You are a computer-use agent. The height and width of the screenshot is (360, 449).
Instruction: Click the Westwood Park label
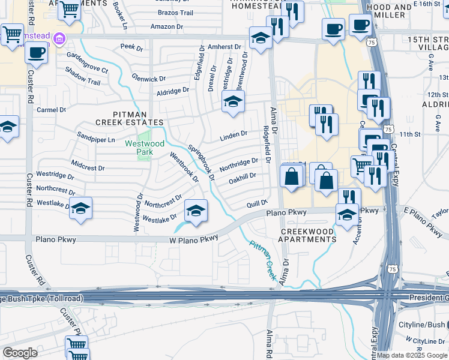pos(145,148)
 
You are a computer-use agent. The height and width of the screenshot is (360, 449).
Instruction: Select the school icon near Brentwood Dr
pos(233,101)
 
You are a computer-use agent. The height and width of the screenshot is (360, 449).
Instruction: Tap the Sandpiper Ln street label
pos(95,140)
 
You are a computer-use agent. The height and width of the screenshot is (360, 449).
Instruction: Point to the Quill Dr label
pos(256,204)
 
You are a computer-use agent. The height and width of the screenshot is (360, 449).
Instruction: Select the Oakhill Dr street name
pos(243,177)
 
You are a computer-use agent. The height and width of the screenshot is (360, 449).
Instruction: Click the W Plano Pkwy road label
pos(193,239)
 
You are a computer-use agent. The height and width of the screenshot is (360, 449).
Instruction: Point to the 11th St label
pos(411,134)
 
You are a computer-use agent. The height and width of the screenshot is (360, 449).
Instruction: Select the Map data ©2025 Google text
pos(412,355)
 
